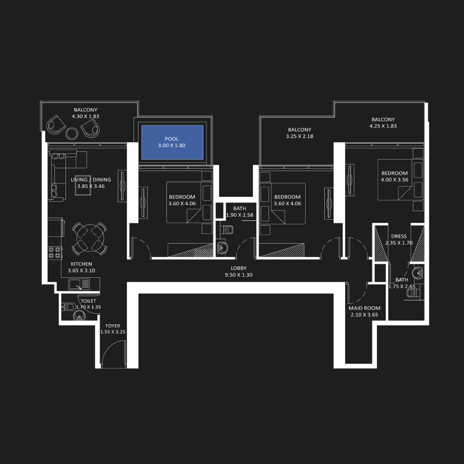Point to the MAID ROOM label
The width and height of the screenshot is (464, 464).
click(364, 308)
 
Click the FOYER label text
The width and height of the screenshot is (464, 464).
click(113, 325)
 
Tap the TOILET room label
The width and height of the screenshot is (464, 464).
click(88, 301)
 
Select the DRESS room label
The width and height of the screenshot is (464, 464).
click(398, 236)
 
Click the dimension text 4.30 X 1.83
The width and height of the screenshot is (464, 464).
click(85, 117)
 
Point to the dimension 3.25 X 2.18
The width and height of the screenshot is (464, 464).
click(299, 136)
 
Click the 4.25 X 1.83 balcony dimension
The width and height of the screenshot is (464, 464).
click(383, 126)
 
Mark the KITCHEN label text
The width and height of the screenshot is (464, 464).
click(81, 264)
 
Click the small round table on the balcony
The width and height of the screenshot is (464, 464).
click(72, 133)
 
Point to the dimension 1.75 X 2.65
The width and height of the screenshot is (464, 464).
click(401, 287)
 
